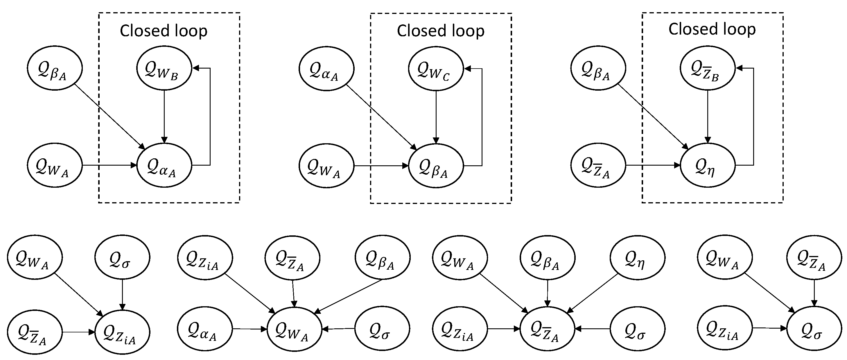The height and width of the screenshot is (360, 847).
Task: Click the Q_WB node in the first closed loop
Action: (164, 68)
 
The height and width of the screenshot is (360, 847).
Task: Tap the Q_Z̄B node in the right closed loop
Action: (707, 68)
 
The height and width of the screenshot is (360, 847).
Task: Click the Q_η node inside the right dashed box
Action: (707, 165)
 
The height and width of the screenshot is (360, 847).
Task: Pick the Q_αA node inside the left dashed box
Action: (164, 165)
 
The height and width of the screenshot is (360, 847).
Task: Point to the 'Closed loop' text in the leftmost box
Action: (164, 31)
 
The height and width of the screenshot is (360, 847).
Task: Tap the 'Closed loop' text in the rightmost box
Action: (712, 29)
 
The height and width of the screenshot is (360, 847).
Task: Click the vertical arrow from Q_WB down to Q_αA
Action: (164, 115)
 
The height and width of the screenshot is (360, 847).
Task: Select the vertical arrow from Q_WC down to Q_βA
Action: (436, 115)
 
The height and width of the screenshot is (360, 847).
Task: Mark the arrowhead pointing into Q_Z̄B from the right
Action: (739, 68)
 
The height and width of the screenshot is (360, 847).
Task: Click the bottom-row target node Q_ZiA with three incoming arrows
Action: (122, 332)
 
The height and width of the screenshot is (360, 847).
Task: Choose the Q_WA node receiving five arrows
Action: (294, 329)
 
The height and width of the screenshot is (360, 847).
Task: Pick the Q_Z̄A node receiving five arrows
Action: (547, 329)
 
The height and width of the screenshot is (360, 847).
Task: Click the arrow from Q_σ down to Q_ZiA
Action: (122, 294)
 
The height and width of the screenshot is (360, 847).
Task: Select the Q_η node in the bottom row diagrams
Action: (637, 258)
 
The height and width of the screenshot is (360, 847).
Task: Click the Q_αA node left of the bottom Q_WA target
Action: (205, 329)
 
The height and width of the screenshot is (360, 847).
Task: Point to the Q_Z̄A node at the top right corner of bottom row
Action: (814, 258)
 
